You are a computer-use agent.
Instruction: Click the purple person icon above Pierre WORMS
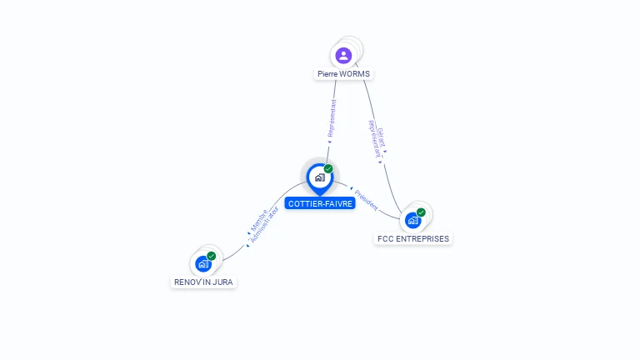pos(343,56)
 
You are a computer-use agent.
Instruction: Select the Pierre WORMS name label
pos(343,74)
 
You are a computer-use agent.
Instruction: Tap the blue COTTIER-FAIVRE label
pos(320,203)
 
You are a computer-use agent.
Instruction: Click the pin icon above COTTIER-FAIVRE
pos(319,177)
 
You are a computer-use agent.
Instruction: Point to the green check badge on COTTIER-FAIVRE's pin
pos(328,168)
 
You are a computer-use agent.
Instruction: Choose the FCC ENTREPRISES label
pos(412,239)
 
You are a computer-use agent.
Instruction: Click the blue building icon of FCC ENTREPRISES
pos(412,220)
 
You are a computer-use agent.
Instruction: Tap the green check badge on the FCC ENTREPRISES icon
pos(421,212)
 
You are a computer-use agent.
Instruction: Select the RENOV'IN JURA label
pos(203,282)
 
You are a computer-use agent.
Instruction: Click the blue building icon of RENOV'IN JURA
pos(202,263)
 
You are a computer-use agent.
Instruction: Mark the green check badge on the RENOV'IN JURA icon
pos(211,256)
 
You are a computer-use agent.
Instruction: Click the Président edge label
pos(366,199)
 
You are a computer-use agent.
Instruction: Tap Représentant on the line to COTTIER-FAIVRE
pos(332,120)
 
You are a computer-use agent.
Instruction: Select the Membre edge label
pos(258,220)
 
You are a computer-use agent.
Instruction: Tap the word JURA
pos(222,282)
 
